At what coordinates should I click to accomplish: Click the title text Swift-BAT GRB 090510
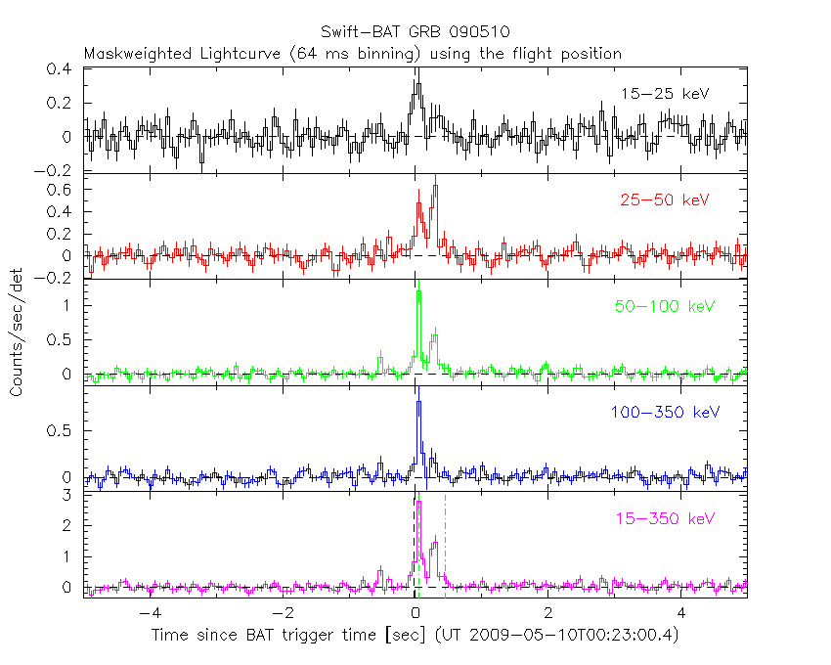click(415, 31)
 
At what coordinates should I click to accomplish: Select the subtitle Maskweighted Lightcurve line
click(353, 54)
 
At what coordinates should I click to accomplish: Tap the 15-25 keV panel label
click(664, 94)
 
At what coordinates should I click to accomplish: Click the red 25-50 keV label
click(664, 200)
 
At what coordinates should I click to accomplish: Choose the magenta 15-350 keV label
click(663, 518)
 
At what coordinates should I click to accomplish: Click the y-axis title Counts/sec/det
click(17, 332)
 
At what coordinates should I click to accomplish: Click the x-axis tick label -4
click(150, 614)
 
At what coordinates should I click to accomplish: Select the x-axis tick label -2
click(283, 614)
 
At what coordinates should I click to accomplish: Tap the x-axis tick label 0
click(416, 614)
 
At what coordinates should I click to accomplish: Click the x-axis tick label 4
click(682, 614)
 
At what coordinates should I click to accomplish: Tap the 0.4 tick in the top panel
click(63, 69)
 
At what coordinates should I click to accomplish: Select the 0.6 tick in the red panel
click(63, 189)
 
